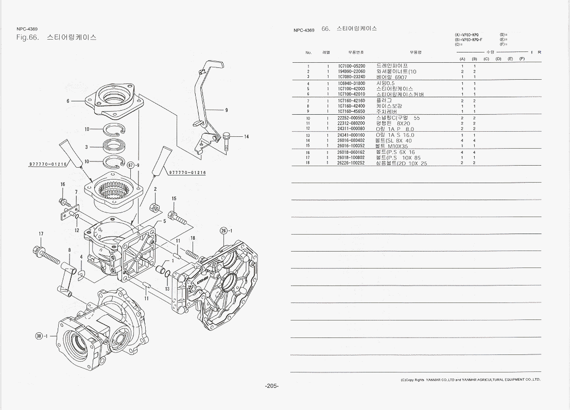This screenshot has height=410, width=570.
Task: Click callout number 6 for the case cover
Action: pyautogui.click(x=68, y=101)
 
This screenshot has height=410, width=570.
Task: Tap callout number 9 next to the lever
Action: pyautogui.click(x=226, y=110)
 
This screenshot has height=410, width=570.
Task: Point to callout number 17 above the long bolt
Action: pyautogui.click(x=41, y=234)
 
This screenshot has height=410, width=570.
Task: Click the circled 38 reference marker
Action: pyautogui.click(x=39, y=336)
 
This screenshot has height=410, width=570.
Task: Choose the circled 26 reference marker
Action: pyautogui.click(x=224, y=230)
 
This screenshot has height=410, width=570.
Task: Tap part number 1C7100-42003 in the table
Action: pyautogui.click(x=351, y=88)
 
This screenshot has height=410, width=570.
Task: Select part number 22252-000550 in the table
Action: pyautogui.click(x=351, y=118)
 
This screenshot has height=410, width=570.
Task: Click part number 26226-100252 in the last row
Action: pyautogui.click(x=351, y=163)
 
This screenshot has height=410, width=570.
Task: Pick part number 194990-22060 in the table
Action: pyautogui.click(x=351, y=72)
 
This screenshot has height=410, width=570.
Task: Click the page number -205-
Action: pyautogui.click(x=272, y=386)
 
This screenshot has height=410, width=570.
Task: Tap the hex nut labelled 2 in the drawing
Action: pyautogui.click(x=153, y=207)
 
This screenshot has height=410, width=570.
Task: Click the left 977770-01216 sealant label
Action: pyautogui.click(x=47, y=164)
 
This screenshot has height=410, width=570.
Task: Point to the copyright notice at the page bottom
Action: pyautogui.click(x=470, y=380)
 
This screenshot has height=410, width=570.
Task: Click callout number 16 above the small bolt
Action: pyautogui.click(x=63, y=184)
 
